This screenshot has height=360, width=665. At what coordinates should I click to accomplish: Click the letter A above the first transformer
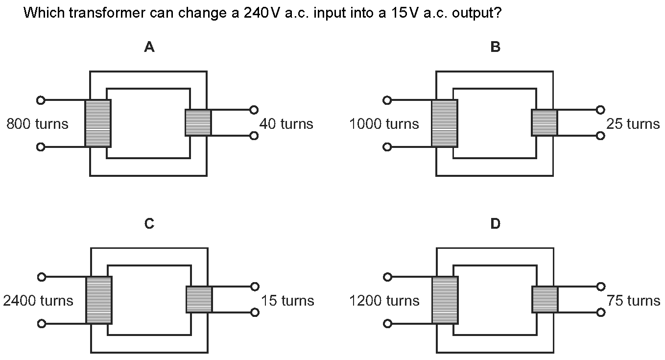pos(149,47)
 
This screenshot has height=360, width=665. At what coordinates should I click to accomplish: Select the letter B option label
pos(495,47)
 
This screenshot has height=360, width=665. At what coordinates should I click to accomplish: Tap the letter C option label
pos(149,224)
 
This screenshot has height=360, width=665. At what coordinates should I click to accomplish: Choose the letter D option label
pos(495,224)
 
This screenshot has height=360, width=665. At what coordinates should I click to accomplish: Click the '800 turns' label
pos(37,124)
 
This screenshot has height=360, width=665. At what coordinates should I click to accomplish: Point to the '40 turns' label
pos(286,124)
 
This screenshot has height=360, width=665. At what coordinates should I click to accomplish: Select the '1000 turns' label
pos(384,124)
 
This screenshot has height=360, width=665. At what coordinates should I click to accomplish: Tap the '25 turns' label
pos(633,124)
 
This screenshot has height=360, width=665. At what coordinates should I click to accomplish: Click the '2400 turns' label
pos(38,300)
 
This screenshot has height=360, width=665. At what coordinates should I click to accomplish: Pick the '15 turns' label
pos(287,300)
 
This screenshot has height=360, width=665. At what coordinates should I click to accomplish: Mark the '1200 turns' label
pos(384,300)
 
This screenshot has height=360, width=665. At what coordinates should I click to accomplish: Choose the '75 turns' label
pos(633,300)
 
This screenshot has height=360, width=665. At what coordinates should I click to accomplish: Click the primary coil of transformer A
pos(98,123)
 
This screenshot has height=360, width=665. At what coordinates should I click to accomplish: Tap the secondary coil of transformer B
pos(545,122)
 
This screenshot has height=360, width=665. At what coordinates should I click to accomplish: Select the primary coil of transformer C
pos(99,300)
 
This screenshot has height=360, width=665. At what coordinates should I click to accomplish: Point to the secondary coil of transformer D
pos(545,299)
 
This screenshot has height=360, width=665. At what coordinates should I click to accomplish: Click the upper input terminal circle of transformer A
pos(41,100)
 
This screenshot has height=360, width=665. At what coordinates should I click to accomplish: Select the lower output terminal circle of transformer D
pos(601,312)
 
